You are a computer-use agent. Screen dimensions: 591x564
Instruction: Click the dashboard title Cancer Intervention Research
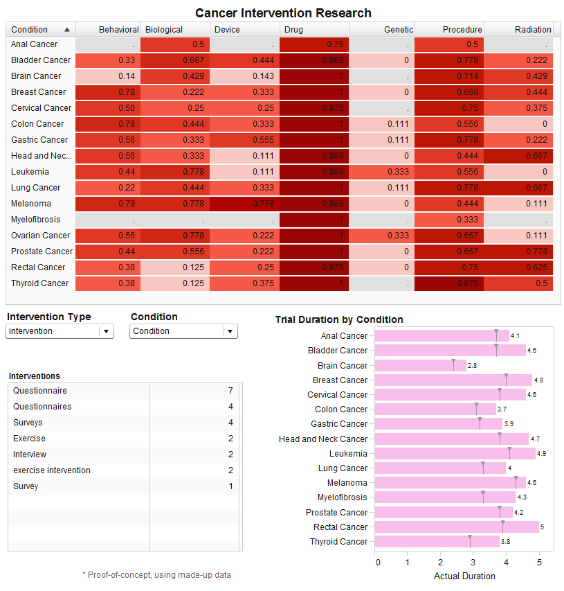pos(283,13)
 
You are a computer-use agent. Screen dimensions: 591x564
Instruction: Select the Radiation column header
pos(532,30)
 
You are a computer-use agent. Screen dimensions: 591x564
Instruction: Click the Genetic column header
pos(398,30)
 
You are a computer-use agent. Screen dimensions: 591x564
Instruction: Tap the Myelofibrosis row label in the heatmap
pos(35,220)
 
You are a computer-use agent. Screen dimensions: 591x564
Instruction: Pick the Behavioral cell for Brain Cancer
pos(108,76)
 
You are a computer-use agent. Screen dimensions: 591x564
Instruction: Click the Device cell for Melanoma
pos(244,204)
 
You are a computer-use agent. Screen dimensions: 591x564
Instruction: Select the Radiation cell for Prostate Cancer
pos(518,252)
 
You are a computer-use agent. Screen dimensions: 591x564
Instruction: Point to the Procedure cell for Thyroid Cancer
pos(449,283)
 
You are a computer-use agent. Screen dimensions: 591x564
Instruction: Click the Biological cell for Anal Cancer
pos(175,44)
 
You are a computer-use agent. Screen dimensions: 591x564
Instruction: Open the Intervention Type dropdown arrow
pos(106,331)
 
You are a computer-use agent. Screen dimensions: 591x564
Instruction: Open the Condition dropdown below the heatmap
pos(183,331)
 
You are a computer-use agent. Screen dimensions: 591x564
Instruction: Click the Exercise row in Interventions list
pos(29,439)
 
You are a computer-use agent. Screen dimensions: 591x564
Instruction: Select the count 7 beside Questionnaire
pos(230,391)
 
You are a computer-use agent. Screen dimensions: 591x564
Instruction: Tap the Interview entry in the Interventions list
pos(30,455)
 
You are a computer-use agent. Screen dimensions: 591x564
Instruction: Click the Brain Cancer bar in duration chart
pos(420,366)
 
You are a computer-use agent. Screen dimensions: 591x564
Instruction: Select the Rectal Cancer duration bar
pos(456,527)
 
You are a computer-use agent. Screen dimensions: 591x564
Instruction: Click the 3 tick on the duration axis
pos(473,562)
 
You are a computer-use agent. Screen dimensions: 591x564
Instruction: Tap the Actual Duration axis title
pos(464,576)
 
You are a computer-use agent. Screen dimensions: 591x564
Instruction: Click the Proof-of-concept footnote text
pos(156,574)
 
